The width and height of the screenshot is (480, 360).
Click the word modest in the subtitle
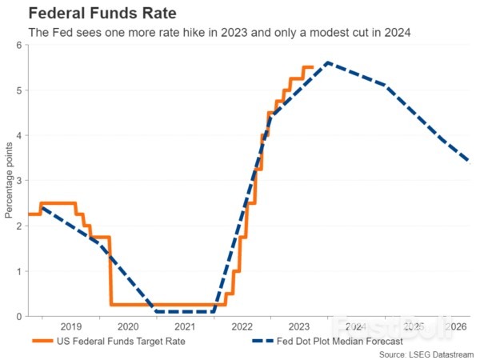pyautogui.click(x=305, y=33)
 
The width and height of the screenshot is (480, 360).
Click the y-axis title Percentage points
pyautogui.click(x=8, y=181)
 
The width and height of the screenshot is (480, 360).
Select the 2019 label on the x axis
pyautogui.click(x=70, y=327)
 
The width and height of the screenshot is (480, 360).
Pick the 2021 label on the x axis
pyautogui.click(x=185, y=327)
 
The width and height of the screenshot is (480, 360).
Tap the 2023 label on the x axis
pyautogui.click(x=298, y=327)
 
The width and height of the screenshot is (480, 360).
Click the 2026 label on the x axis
pyautogui.click(x=457, y=327)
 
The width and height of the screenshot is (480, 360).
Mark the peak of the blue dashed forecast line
pyautogui.click(x=327, y=62)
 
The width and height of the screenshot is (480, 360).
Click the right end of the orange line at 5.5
pyautogui.click(x=312, y=67)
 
